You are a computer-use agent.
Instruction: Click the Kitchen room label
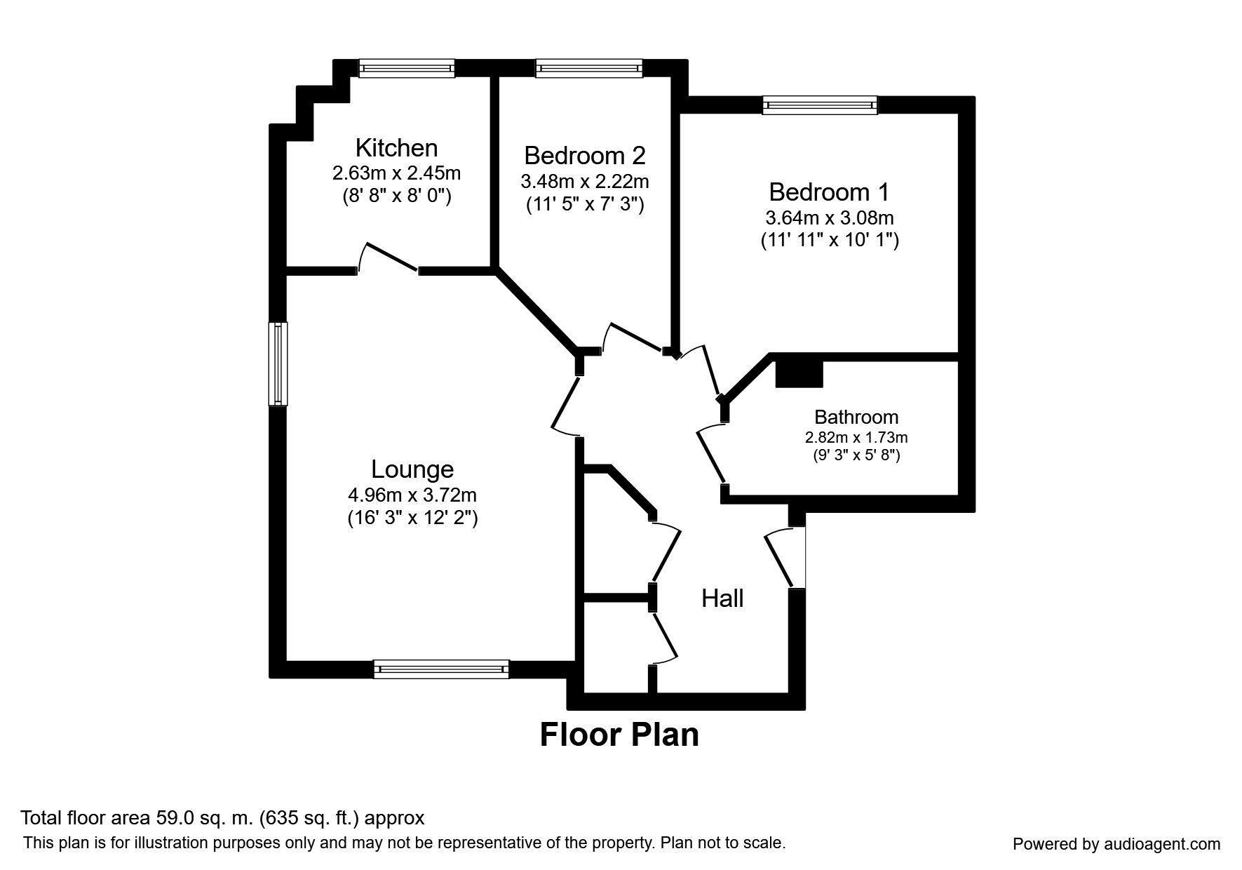coord(396,148)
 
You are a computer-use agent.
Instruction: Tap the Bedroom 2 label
coord(584,155)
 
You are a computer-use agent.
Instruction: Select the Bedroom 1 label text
coord(829,192)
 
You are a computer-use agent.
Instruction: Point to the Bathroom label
coord(856,417)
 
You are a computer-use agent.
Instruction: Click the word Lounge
coord(412,469)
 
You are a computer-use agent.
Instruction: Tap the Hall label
coord(722,598)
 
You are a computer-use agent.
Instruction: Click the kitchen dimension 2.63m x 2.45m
coord(396,173)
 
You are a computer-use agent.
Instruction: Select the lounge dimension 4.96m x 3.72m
coord(412,495)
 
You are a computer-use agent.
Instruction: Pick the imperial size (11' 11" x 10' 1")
coord(830,241)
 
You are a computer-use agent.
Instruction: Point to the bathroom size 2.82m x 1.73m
coord(856,438)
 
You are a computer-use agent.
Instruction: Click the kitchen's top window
coord(407,68)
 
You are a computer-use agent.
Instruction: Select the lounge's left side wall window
coord(278,363)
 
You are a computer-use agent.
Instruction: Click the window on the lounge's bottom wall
coord(441,669)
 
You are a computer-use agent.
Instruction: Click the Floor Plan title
coord(619,735)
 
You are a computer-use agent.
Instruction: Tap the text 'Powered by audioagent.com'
coord(1116,844)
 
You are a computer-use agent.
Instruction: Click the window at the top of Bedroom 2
coord(589,68)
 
